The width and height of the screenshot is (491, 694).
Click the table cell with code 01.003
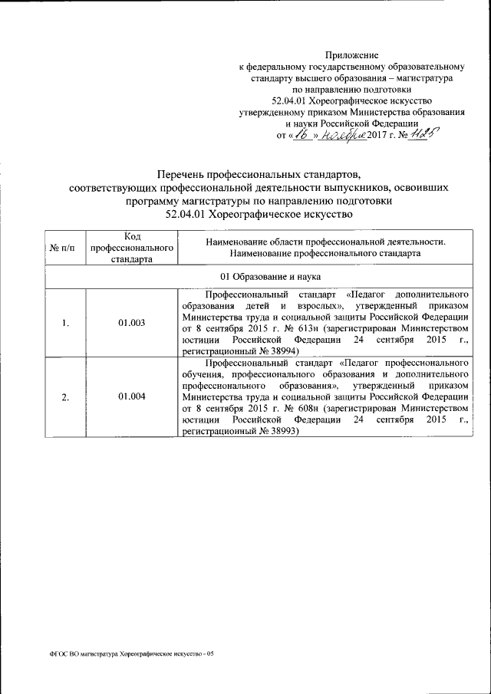(131, 323)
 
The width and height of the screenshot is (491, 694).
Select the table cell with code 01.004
(131, 396)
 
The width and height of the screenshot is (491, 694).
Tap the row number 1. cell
(65, 323)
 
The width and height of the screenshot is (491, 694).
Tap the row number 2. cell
(65, 396)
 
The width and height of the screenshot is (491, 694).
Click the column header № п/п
(65, 248)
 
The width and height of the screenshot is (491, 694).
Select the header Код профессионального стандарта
(131, 248)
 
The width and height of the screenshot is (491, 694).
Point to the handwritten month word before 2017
(337, 134)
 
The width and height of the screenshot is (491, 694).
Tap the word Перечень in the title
(183, 174)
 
